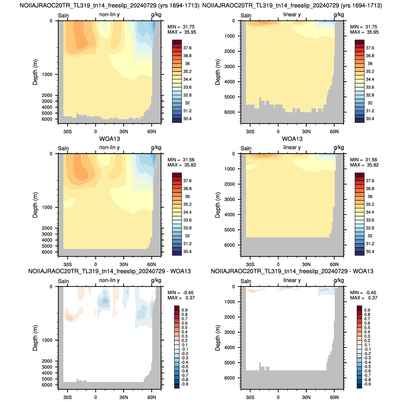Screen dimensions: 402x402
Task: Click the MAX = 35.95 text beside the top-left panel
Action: (x=182, y=32)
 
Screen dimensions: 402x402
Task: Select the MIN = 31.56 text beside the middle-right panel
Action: (x=364, y=160)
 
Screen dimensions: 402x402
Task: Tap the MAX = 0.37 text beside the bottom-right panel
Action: (x=364, y=298)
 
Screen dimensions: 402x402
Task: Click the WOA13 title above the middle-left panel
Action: (x=110, y=139)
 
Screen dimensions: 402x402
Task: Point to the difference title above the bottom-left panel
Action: (x=110, y=271)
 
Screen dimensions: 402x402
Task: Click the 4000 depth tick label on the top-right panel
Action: (x=230, y=82)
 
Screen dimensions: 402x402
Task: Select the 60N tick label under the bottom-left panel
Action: (x=152, y=397)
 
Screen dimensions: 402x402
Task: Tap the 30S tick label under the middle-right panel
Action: (x=250, y=265)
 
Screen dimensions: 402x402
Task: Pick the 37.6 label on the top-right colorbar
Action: (x=370, y=48)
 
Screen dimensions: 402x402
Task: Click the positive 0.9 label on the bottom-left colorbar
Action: (x=185, y=310)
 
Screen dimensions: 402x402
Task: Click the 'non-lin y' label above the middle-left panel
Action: (x=109, y=148)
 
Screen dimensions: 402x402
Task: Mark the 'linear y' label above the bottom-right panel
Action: (x=292, y=280)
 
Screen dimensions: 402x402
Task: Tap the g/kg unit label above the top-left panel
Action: (x=156, y=14)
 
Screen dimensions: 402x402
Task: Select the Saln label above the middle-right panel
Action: (x=246, y=148)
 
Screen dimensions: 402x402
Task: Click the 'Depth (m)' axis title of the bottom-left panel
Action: (x=35, y=338)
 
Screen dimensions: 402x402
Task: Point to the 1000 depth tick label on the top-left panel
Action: (x=47, y=75)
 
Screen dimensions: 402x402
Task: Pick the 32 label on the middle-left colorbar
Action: (x=187, y=236)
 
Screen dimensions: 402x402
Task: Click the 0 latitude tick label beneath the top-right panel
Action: (x=278, y=132)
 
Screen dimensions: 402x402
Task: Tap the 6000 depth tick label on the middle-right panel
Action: (x=230, y=245)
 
